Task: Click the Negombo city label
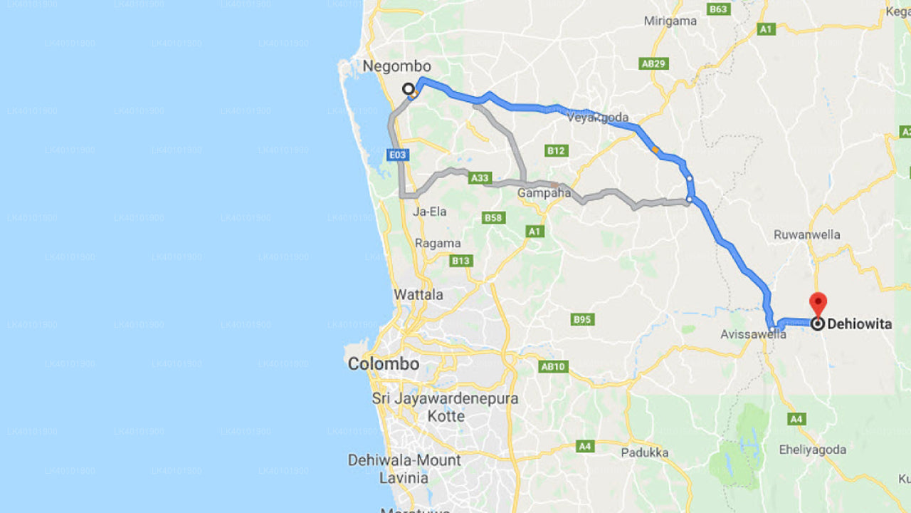point(396,66)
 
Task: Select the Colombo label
point(383,364)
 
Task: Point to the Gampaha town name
point(544,193)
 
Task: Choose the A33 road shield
point(480,178)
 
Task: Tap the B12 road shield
point(556,150)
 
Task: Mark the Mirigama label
point(670,21)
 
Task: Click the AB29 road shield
point(653,63)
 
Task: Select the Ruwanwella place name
point(806,234)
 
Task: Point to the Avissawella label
point(753,334)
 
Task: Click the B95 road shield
point(582,319)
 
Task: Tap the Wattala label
point(418,294)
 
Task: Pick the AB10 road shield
point(553,366)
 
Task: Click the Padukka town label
point(644,452)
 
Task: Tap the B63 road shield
point(718,9)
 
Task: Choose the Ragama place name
point(438,243)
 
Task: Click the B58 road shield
point(493,217)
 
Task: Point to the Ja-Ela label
point(430,212)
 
